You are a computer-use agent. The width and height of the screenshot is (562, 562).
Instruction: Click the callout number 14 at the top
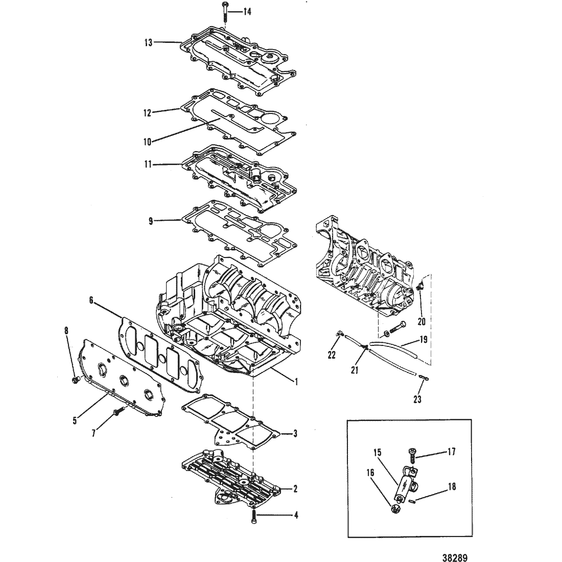(x=247, y=12)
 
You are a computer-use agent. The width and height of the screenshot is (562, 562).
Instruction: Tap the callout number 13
(x=148, y=42)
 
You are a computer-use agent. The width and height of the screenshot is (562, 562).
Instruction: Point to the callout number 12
(x=147, y=112)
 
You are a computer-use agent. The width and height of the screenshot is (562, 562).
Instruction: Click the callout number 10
(x=147, y=142)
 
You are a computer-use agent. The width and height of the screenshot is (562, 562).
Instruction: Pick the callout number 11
(x=148, y=165)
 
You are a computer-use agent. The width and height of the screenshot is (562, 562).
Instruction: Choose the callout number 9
(x=151, y=221)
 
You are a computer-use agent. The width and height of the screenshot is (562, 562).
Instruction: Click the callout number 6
(x=91, y=300)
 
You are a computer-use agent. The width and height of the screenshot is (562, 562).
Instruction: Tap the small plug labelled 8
(x=76, y=380)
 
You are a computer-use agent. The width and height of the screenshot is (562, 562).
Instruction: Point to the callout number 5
(x=75, y=420)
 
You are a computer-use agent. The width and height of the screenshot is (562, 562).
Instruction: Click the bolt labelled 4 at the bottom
(x=253, y=517)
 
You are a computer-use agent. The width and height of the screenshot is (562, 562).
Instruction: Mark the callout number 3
(x=295, y=434)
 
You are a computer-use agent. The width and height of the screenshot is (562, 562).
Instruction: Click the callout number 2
(x=295, y=489)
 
